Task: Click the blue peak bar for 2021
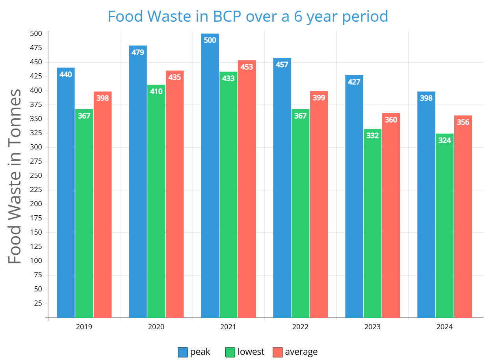[210, 175]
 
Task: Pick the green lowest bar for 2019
[84, 213]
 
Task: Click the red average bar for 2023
[391, 215]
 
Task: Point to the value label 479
[138, 52]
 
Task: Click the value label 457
[282, 65]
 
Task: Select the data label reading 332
[372, 136]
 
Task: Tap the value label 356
[463, 122]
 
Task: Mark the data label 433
[228, 78]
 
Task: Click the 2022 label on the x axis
[300, 327]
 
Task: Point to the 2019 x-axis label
[84, 327]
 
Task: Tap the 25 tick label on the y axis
[38, 304]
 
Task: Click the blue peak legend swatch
[183, 352]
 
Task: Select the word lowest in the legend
[251, 352]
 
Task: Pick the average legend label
[301, 352]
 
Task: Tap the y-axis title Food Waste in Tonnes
[15, 176]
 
